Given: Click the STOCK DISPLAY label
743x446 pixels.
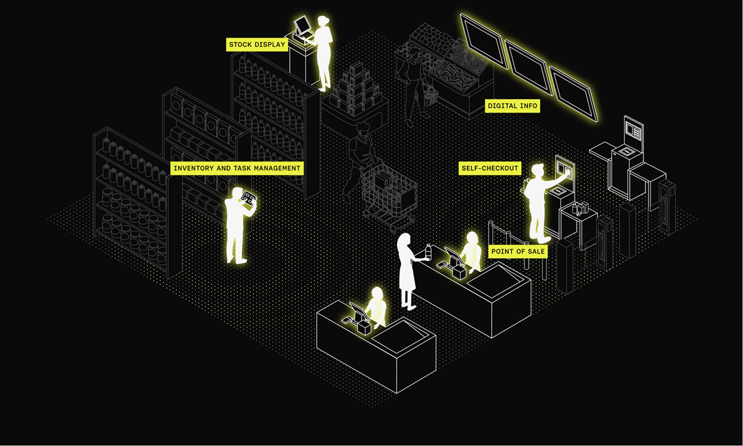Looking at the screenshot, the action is [x=257, y=45].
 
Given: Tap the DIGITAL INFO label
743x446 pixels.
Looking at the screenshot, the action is [x=512, y=106].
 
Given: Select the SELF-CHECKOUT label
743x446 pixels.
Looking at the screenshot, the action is [x=489, y=168].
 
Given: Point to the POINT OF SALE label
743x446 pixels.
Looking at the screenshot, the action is [x=518, y=251].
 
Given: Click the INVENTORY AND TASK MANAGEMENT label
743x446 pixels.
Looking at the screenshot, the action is [x=237, y=168].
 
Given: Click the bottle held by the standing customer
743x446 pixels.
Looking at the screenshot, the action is [x=428, y=252].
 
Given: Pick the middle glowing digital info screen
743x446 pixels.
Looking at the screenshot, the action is [x=527, y=67].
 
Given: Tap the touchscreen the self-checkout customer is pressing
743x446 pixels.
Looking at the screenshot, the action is [x=565, y=169].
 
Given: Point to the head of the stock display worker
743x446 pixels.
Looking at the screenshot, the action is [x=323, y=22].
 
